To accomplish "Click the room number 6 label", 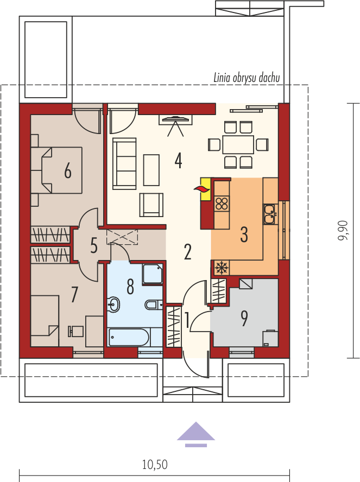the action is (68, 170).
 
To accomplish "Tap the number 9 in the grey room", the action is (244, 318).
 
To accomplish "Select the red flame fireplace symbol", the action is (201, 189).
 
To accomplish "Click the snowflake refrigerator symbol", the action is (221, 268).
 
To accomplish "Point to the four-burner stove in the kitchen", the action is (222, 203).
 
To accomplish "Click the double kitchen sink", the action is (270, 214).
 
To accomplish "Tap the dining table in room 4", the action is (238, 144).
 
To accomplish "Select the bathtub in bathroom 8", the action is (129, 337).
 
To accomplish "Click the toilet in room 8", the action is (152, 305).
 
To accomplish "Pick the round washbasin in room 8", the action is (113, 305).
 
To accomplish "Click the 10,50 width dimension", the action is (155, 465).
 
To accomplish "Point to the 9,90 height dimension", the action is (343, 231).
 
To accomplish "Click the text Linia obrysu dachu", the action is (247, 78).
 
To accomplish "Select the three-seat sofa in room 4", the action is (124, 163).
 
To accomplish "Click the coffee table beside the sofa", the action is (151, 170).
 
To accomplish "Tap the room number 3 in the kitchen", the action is (244, 234).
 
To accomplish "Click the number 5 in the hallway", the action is (94, 246).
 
